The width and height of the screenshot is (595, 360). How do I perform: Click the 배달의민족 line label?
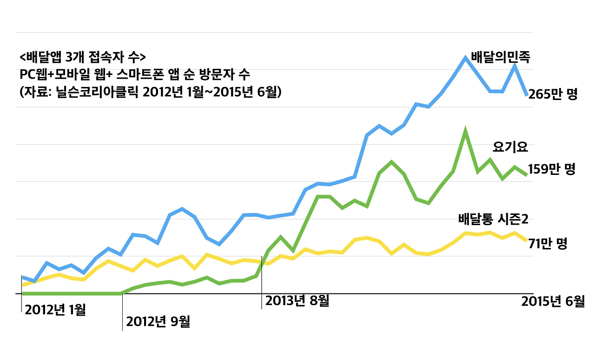(x=501, y=57)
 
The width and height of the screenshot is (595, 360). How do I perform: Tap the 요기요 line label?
(x=510, y=148)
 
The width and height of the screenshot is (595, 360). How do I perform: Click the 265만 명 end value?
(x=553, y=95)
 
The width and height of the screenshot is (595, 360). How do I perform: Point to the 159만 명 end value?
(x=552, y=170)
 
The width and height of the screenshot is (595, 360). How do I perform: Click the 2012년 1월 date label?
(x=55, y=310)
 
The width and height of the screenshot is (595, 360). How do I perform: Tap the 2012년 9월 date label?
(x=158, y=322)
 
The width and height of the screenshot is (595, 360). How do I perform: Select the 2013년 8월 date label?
(x=297, y=301)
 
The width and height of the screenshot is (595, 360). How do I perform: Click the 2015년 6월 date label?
(x=553, y=301)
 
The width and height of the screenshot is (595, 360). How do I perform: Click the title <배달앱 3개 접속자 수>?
(x=83, y=58)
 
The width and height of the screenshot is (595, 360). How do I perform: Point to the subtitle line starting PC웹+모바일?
(x=135, y=74)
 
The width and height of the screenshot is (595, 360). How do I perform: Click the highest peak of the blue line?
(x=465, y=58)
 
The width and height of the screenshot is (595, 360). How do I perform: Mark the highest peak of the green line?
(x=465, y=131)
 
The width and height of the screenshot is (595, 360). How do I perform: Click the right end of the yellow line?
(x=526, y=240)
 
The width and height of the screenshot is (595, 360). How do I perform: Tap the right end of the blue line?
(x=526, y=95)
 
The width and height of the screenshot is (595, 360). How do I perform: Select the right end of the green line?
(x=526, y=174)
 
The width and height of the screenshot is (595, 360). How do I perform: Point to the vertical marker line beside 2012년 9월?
(x=122, y=312)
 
